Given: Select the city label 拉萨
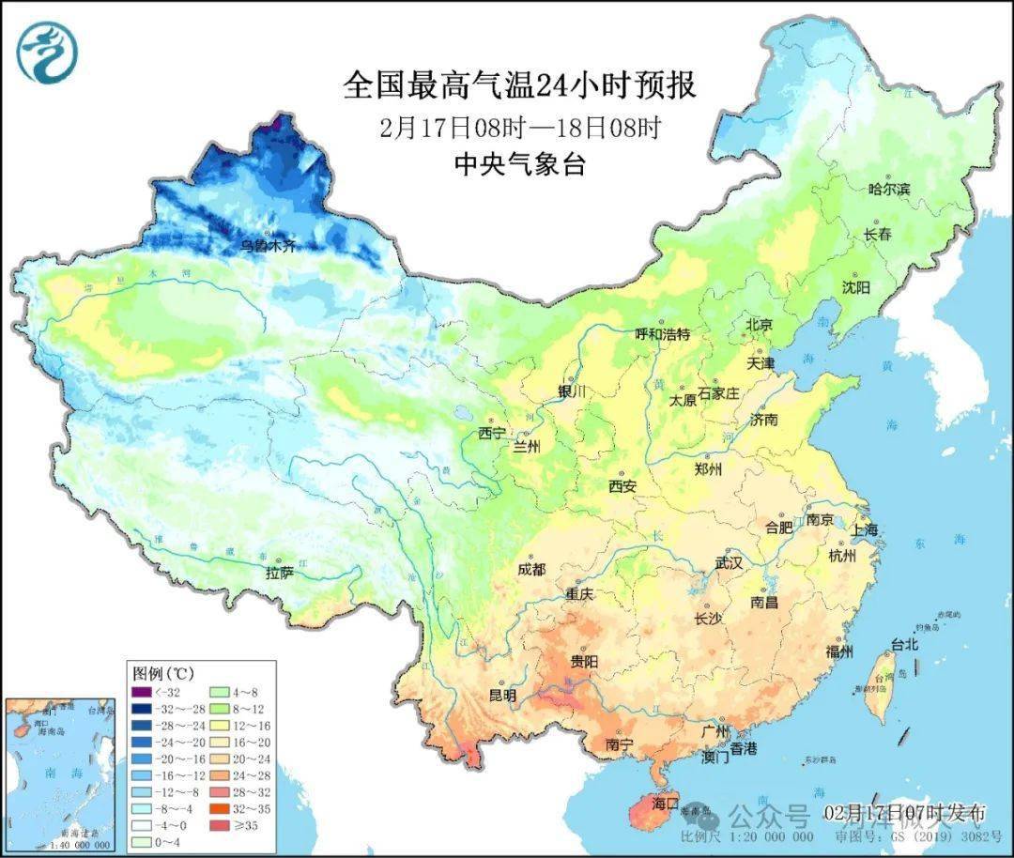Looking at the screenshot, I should point(280,572).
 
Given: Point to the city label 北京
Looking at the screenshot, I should point(758,325).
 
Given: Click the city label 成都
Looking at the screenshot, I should point(530,569).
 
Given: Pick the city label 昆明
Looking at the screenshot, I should point(502,696).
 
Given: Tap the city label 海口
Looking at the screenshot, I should point(665,804).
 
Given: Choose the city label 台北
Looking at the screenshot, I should point(904,646).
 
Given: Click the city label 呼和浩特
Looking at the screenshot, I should point(662,334).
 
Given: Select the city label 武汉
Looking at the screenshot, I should point(729,563).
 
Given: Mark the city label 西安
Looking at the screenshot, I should point(622,486).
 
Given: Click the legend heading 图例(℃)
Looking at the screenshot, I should point(161,673).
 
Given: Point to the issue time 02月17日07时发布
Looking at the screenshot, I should point(905,811).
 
